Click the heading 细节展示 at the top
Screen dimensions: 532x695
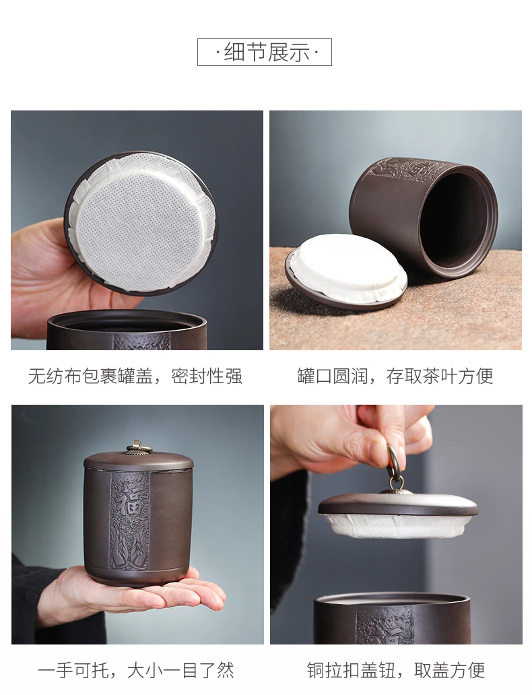[264, 53]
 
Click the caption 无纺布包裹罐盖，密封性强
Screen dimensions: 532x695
[135, 376]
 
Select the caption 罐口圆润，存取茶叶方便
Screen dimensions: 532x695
[395, 376]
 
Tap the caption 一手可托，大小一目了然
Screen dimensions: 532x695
[135, 671]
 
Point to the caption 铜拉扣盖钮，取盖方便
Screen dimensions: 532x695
[396, 671]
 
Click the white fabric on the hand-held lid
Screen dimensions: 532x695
[142, 220]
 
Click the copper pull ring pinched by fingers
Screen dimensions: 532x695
[393, 465]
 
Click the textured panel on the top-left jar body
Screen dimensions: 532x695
[142, 341]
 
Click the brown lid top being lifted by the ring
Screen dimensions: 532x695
[398, 504]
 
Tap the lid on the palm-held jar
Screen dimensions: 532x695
[138, 460]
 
